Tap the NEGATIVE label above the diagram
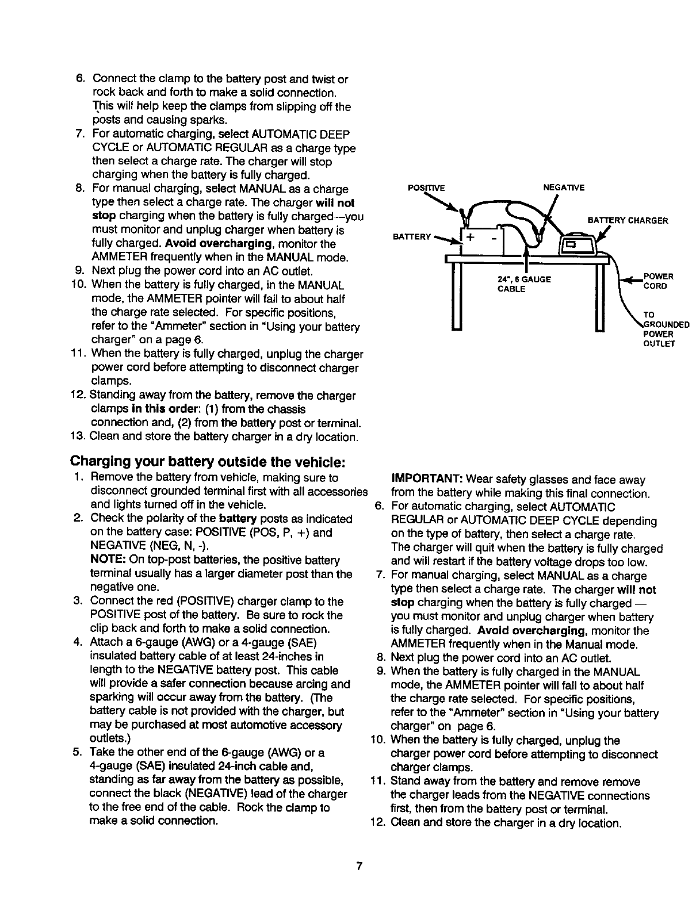(564, 187)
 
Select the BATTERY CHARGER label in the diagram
(627, 220)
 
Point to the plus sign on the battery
(471, 238)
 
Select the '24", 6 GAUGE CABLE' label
(523, 284)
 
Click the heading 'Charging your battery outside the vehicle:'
(207, 462)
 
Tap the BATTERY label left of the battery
(411, 236)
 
